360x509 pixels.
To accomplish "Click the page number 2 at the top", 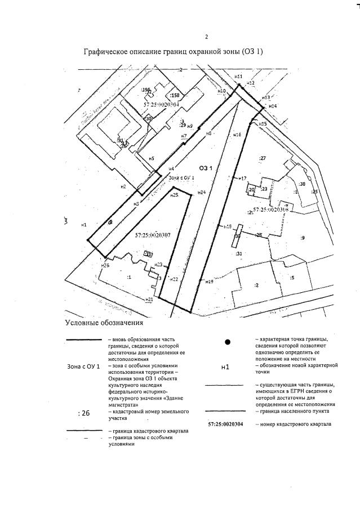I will [206, 37].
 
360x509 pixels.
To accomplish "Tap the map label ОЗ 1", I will [205, 168].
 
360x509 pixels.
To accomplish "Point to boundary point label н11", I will [238, 76].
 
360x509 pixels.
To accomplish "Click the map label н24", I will [201, 193].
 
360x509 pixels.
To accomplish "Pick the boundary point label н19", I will [208, 281].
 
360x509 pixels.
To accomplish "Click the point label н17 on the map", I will [243, 178].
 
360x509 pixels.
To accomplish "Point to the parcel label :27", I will [262, 158].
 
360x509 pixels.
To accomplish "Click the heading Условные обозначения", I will [104, 323].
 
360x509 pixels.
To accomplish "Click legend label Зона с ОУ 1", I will [83, 367].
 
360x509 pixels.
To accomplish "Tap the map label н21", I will [149, 300].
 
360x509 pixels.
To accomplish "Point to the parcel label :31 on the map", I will [239, 254].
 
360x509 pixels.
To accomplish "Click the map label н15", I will [263, 123].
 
